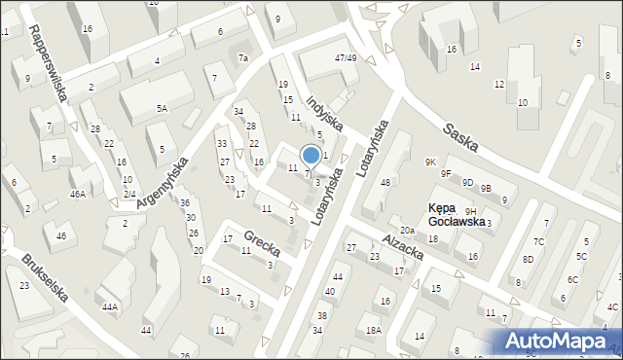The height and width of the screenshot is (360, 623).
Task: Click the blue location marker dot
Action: [x=311, y=155]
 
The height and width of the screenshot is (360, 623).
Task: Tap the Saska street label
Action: [x=460, y=137]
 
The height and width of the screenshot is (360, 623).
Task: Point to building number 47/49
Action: [x=345, y=58]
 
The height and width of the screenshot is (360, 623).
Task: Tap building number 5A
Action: [x=162, y=108]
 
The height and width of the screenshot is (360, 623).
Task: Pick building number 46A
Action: [x=78, y=195]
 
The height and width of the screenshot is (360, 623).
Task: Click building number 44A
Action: [x=110, y=307]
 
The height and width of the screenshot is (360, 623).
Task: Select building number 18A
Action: [x=372, y=331]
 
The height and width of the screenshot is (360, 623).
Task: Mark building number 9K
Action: [x=430, y=162]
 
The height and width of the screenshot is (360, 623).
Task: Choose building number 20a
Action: [x=407, y=231]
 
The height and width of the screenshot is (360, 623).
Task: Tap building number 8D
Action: [x=528, y=260]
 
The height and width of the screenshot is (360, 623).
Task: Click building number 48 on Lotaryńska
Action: [x=385, y=183]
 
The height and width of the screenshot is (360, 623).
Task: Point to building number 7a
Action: [x=244, y=58]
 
